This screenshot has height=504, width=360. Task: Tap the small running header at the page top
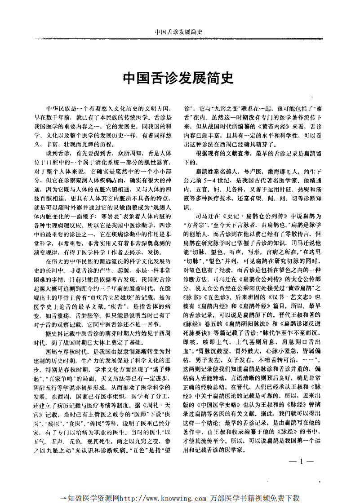179,32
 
